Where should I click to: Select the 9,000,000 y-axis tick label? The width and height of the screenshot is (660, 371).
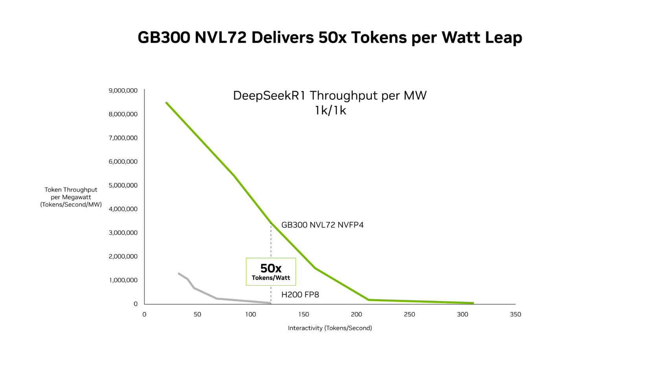tap(123, 91)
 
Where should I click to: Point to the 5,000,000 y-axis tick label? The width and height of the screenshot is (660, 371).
tap(123, 185)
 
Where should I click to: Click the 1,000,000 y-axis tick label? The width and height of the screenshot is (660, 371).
tap(123, 280)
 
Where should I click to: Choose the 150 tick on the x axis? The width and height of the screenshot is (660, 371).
tap(304, 314)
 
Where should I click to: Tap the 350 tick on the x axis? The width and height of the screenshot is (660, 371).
tap(515, 314)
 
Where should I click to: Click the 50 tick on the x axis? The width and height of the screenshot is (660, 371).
tap(197, 314)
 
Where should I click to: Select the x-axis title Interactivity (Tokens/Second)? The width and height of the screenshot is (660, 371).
tap(330, 328)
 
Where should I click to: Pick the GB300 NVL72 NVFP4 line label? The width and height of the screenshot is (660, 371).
tap(322, 225)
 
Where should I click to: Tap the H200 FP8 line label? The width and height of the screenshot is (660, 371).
tap(300, 295)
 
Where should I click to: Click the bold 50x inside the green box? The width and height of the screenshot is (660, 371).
tap(271, 269)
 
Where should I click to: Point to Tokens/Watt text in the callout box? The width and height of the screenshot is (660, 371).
tap(271, 278)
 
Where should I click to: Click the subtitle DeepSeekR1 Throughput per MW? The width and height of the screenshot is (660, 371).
tap(330, 96)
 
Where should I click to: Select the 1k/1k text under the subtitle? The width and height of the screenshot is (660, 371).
tap(330, 111)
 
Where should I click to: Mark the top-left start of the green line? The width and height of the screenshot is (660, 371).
tap(167, 103)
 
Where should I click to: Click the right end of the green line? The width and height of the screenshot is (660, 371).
tap(473, 303)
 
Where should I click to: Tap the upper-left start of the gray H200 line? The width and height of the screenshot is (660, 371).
tap(179, 273)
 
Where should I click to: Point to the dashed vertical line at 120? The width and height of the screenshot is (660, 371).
tap(271, 243)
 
